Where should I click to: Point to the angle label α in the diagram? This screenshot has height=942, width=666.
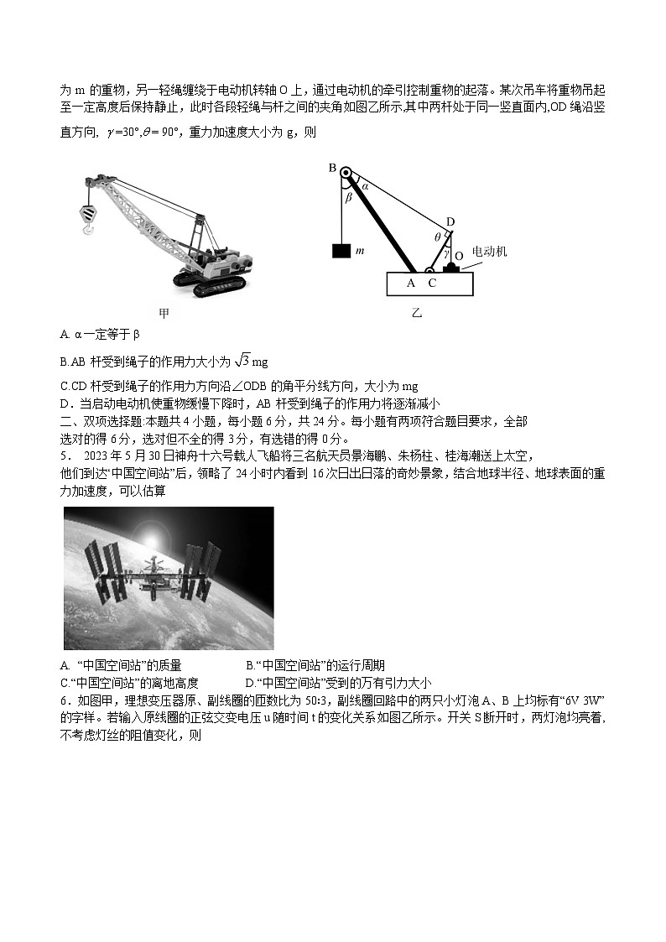[365, 186]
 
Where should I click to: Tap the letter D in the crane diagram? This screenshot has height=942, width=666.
[450, 221]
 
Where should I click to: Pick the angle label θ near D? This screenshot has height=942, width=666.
[437, 237]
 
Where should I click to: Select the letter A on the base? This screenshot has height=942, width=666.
[411, 283]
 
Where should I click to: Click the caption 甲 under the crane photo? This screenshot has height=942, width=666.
[164, 313]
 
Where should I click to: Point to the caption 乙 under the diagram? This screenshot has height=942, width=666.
[417, 313]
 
